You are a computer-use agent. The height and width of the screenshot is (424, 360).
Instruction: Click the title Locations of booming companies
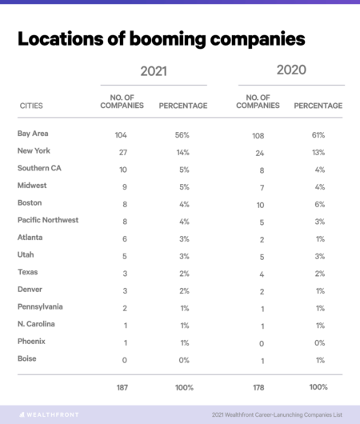tap(162, 39)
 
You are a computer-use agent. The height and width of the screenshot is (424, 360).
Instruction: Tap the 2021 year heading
tap(154, 71)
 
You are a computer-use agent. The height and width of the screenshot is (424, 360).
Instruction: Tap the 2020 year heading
tap(291, 70)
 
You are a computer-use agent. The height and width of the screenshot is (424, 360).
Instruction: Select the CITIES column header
tap(31, 106)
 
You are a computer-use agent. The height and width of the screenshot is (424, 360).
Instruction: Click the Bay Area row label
tap(33, 134)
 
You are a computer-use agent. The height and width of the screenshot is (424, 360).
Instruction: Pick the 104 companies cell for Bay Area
tap(121, 135)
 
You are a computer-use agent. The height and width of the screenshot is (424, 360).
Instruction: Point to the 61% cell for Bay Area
tap(318, 135)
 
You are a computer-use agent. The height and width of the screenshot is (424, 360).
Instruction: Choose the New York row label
tap(34, 150)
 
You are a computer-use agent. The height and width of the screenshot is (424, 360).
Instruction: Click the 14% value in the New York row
tap(183, 153)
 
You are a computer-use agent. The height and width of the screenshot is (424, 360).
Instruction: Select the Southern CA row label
tap(39, 168)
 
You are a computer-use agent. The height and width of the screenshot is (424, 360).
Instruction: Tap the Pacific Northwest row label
tap(48, 220)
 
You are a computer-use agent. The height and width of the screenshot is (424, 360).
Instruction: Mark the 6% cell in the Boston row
tap(320, 205)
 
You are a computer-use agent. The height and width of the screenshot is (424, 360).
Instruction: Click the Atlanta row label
tap(30, 238)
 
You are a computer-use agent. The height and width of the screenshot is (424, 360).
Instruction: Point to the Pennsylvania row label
tap(40, 307)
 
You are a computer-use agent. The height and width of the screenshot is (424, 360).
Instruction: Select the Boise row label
tap(26, 358)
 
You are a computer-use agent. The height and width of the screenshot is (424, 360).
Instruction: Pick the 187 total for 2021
tap(122, 388)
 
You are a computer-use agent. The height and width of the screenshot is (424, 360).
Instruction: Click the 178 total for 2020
tap(258, 388)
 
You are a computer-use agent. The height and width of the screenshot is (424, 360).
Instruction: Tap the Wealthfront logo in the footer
tap(49, 414)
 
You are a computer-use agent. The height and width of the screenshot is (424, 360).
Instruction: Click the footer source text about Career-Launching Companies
tap(277, 415)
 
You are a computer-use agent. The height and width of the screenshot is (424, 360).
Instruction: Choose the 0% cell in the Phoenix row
tap(319, 343)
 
